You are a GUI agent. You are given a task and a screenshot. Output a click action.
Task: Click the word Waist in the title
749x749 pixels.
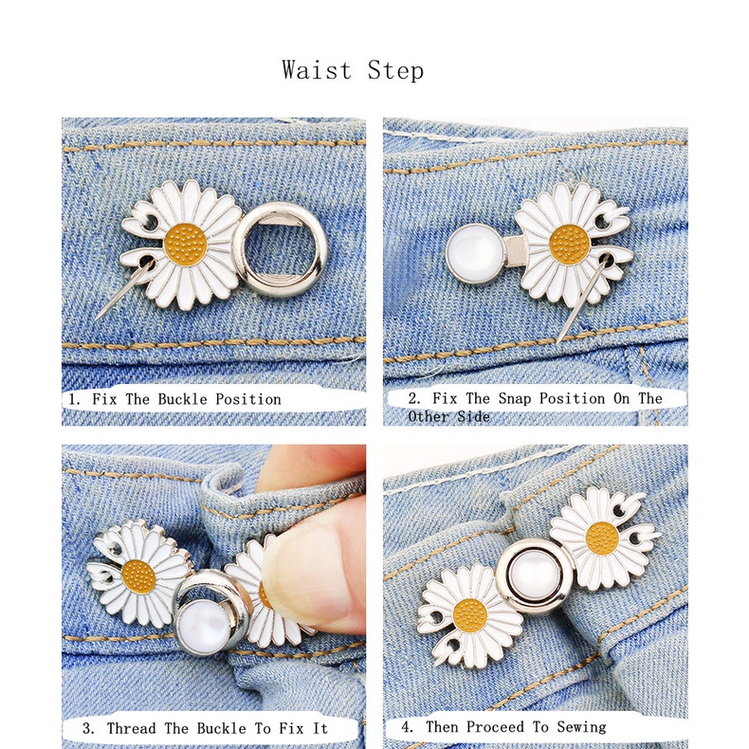point(317,70)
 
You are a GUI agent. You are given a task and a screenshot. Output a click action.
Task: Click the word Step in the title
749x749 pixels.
point(395,71)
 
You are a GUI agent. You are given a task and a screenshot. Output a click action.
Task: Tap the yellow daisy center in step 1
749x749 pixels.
point(186,245)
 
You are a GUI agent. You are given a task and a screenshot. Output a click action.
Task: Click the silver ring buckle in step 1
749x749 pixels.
point(280,249)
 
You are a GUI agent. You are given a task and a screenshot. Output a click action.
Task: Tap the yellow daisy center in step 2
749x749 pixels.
point(570,245)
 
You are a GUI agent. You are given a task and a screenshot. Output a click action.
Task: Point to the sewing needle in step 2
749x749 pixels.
point(583,300)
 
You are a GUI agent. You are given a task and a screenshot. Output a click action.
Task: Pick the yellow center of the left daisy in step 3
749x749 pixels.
point(138,576)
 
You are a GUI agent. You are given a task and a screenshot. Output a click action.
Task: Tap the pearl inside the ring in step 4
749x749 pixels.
point(534,575)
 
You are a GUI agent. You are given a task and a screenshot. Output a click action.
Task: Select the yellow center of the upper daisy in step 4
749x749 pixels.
point(602,539)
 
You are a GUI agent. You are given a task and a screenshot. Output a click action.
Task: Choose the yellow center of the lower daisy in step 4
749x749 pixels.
point(470,615)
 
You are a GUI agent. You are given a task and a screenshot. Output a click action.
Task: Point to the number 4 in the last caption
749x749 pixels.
point(406,727)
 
